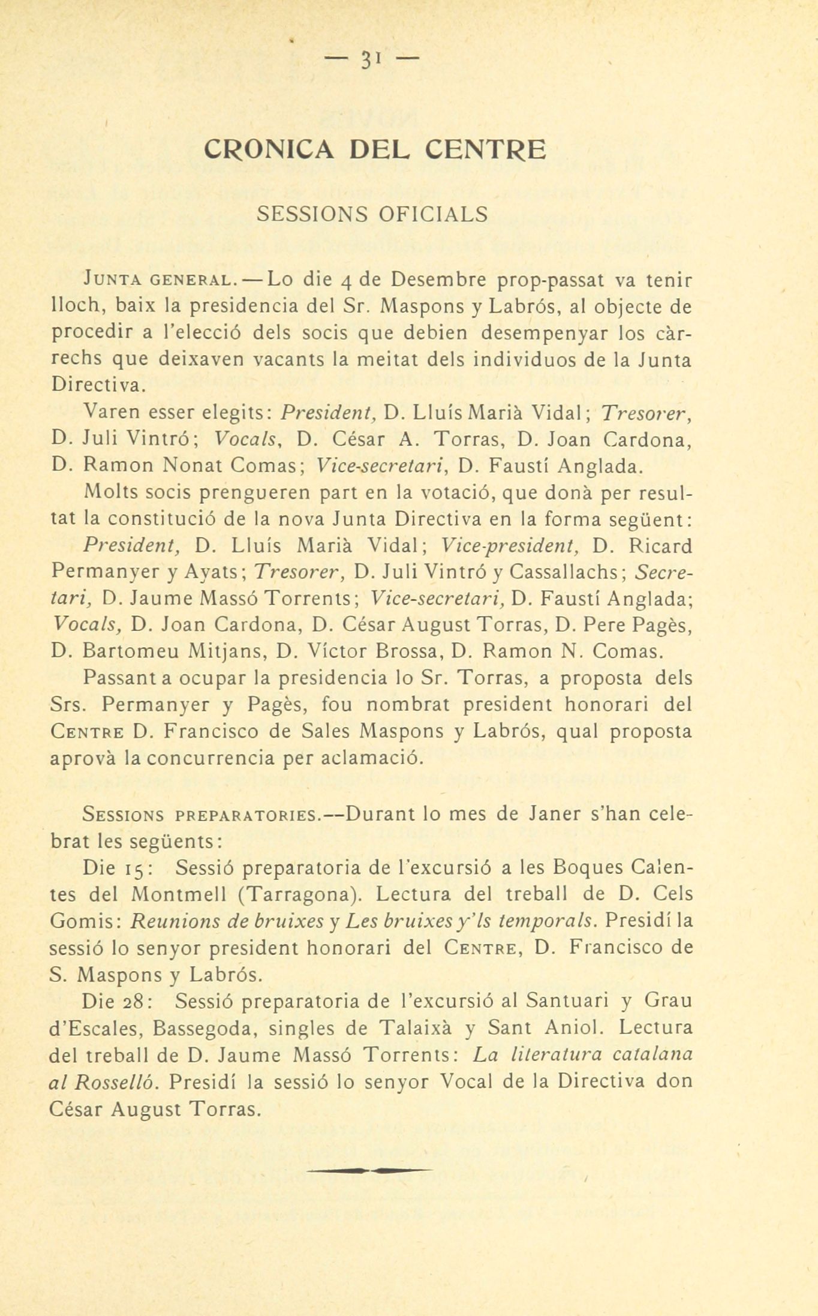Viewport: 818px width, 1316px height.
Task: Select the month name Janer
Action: point(556,815)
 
